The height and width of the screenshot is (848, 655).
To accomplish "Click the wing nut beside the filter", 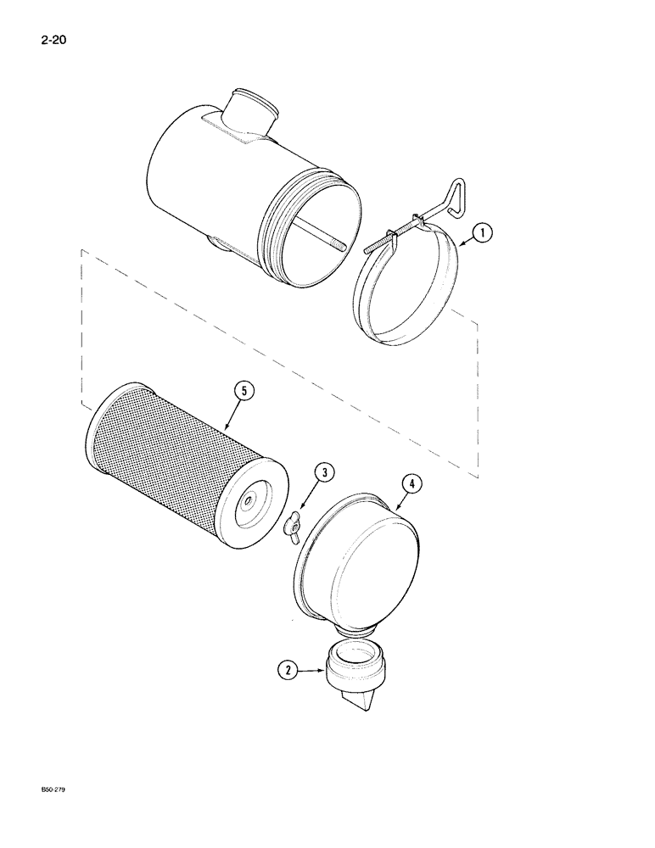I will [293, 528].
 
